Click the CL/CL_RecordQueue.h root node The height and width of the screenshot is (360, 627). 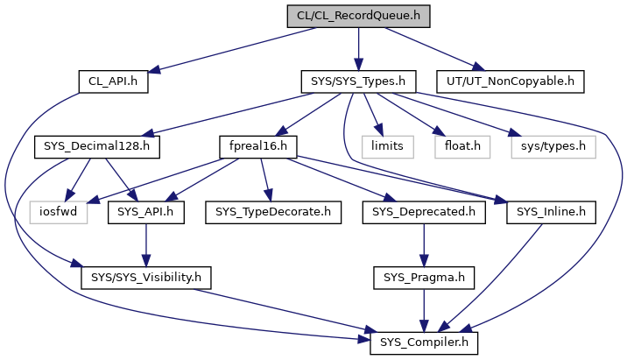(x=357, y=16)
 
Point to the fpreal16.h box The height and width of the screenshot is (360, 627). (x=259, y=145)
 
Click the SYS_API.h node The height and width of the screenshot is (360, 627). (x=145, y=211)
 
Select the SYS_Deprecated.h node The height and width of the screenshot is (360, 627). (x=424, y=211)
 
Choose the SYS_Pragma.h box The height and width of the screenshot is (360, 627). (x=424, y=278)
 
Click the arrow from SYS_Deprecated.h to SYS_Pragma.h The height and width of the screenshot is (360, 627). (x=424, y=244)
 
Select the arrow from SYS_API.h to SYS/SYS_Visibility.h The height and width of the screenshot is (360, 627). (x=144, y=244)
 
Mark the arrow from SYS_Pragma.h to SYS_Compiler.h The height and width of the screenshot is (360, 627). (x=424, y=310)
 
